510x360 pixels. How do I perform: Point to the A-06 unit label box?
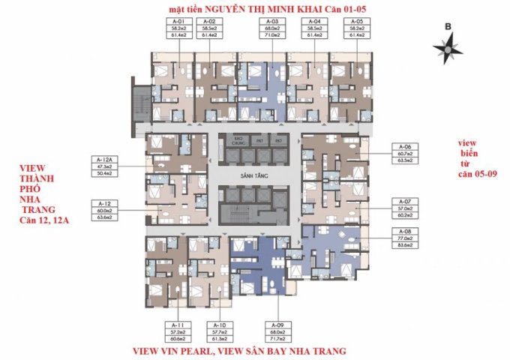[x=406, y=153]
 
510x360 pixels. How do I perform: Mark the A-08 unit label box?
[x=406, y=236]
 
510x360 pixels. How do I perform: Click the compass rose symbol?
[x=447, y=47]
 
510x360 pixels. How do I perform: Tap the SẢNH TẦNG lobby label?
[x=256, y=174]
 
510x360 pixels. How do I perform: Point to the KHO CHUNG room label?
[x=239, y=139]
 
